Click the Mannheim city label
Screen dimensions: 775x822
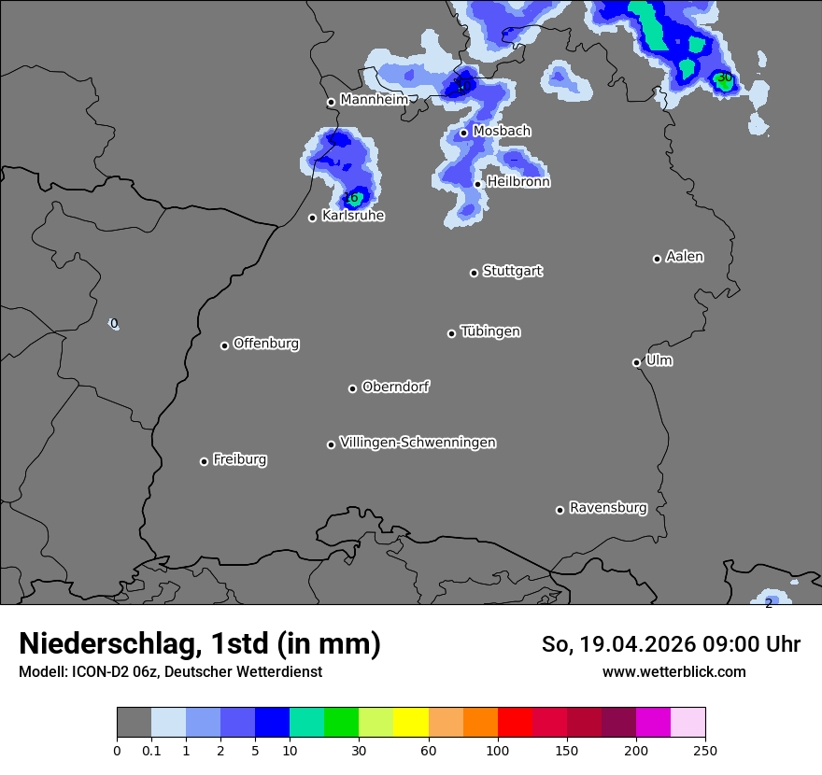click(374, 100)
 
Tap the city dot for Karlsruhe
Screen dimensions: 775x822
click(313, 218)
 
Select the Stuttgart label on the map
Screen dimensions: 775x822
click(512, 272)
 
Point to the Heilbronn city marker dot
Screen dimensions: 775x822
click(477, 184)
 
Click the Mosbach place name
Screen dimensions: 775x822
click(502, 132)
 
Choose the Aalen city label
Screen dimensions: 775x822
click(685, 257)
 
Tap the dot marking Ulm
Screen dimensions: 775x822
click(636, 362)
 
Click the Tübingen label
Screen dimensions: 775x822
click(490, 332)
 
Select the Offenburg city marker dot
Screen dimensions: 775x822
click(224, 345)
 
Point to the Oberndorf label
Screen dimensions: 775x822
click(396, 387)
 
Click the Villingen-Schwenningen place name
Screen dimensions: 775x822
click(418, 443)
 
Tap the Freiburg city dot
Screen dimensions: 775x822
click(204, 461)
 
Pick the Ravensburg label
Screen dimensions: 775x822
click(608, 509)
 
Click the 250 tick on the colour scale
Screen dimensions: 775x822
click(705, 750)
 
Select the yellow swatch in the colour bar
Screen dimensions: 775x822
click(410, 723)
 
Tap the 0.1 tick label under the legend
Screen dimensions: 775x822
click(151, 750)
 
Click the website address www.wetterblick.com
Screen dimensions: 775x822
click(674, 672)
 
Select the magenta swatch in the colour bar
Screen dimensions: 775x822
click(653, 723)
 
